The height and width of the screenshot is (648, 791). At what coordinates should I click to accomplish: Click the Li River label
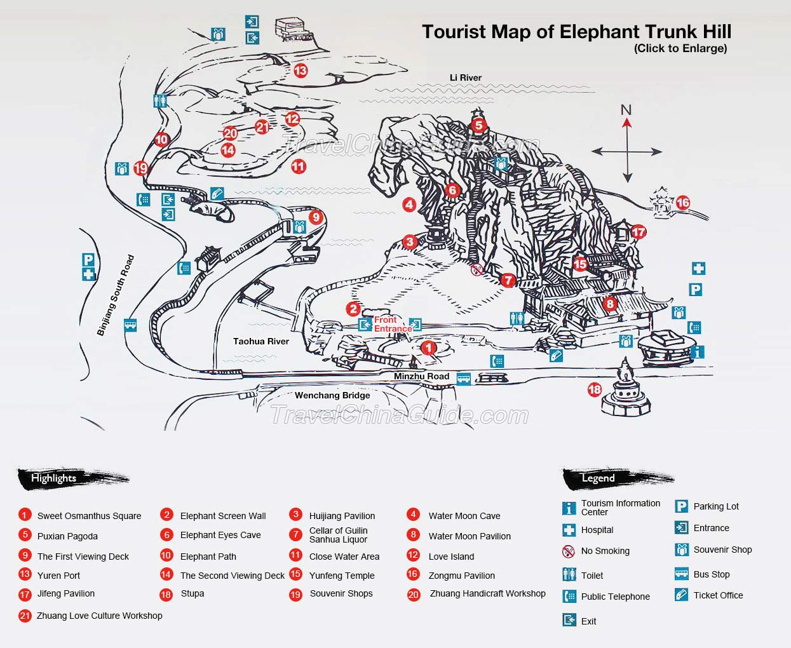[466, 78]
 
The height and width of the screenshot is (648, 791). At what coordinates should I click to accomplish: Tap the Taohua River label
[260, 341]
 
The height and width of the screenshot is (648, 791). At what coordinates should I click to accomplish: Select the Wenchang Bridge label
[332, 395]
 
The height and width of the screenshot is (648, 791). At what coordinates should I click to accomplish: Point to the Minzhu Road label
[421, 376]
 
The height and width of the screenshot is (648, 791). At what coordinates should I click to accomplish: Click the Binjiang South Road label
[116, 295]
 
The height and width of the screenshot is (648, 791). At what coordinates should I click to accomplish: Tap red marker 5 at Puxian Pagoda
[478, 125]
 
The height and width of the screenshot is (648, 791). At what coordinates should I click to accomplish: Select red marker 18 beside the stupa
[595, 389]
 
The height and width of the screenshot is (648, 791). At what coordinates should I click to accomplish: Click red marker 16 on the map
[683, 203]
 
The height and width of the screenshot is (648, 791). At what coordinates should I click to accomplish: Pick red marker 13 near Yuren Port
[301, 71]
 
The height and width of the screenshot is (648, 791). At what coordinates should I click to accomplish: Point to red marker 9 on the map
[316, 217]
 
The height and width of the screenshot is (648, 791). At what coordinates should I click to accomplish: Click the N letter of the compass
[626, 109]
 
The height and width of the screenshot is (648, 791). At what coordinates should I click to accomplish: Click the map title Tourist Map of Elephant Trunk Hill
[576, 32]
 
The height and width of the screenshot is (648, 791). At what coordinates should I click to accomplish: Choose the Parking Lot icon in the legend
[682, 506]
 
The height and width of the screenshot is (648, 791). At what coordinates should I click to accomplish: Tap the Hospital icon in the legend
[569, 530]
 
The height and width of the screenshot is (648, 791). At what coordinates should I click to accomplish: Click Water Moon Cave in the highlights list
[464, 516]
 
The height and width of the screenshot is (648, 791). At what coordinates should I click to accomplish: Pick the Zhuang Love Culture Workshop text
[99, 616]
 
